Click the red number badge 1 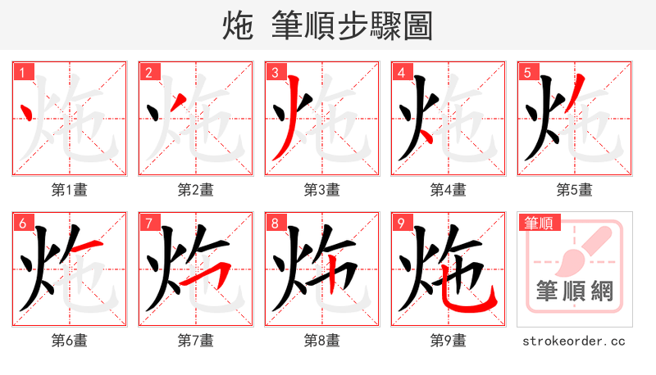coord(22,73)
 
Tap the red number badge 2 coord(148,73)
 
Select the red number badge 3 coord(275,73)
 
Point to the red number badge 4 coord(401,73)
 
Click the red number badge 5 coord(527,73)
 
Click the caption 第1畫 coord(70,190)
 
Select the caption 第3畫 coord(322,190)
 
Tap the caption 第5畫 coord(575,190)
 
